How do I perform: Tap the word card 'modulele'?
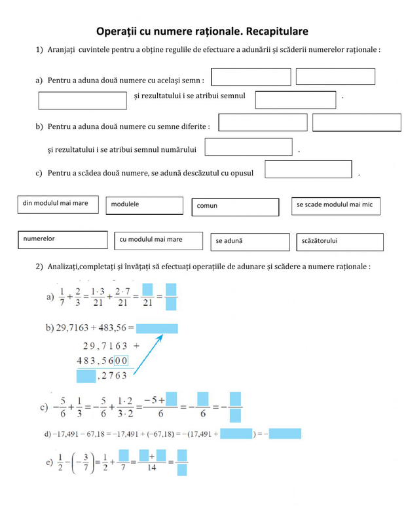pyautogui.click(x=145, y=205)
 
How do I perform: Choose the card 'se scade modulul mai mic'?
pyautogui.click(x=335, y=206)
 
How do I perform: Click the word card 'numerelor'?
pyautogui.click(x=62, y=239)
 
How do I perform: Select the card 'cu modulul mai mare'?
pyautogui.click(x=158, y=240)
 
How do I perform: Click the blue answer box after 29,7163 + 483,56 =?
pyautogui.click(x=157, y=328)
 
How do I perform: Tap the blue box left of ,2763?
pyautogui.click(x=86, y=376)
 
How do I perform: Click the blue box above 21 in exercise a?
pyautogui.click(x=147, y=289)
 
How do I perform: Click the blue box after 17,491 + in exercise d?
pyautogui.click(x=236, y=434)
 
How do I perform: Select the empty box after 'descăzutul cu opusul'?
pyautogui.click(x=308, y=170)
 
